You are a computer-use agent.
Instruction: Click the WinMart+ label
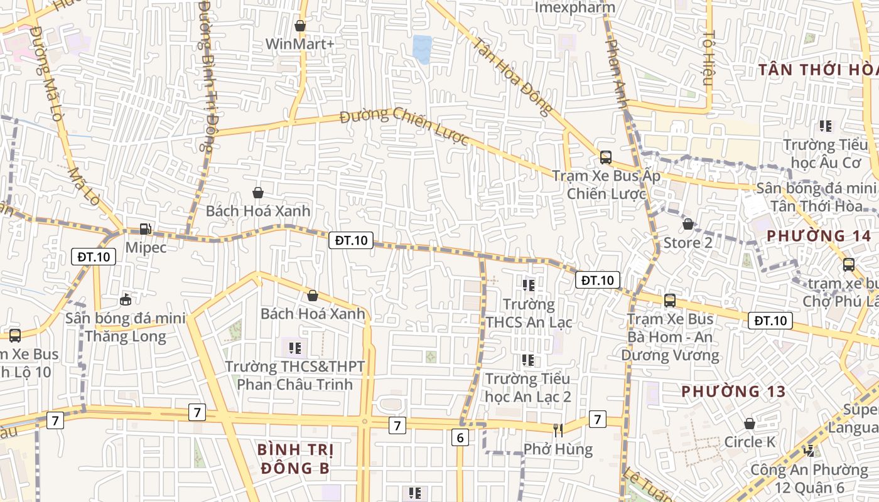coord(300,44)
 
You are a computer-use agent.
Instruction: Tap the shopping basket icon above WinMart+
coord(300,26)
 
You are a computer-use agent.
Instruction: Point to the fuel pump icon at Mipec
coord(146,229)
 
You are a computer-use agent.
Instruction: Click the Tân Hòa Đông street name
coord(512,77)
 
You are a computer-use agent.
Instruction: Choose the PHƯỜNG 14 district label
coord(819,236)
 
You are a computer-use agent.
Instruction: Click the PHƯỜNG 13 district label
coord(733,392)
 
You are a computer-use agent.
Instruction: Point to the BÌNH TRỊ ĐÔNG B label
coord(295,459)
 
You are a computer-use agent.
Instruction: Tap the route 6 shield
coord(460,438)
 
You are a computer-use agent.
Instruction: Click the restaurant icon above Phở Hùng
coord(558,430)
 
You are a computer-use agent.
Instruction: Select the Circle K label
coord(750,442)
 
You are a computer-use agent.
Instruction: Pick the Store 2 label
coord(688,242)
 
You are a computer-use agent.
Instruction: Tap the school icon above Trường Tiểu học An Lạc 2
coord(528,360)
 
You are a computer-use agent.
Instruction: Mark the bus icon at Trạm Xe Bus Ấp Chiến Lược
coord(606,158)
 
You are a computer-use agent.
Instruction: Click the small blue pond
coord(422,49)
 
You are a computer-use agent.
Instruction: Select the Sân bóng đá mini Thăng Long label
coord(126,327)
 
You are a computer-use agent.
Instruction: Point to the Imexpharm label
coord(575,8)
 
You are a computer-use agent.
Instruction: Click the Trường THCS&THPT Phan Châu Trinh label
coord(295,375)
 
